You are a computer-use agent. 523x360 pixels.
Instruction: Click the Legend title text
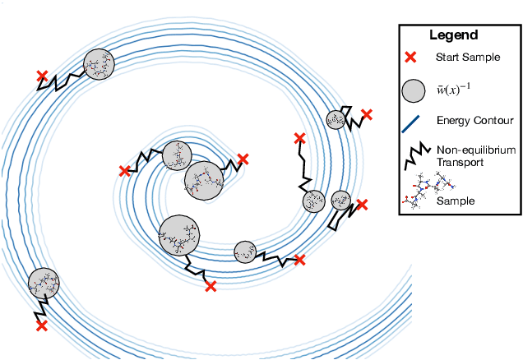coord(453,35)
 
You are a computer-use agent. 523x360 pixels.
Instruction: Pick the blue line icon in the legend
coord(414,121)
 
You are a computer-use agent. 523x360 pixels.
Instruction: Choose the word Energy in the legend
coord(454,121)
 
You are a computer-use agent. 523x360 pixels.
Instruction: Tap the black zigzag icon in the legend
coord(414,152)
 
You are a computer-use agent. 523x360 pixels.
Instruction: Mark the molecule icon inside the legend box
coord(423,194)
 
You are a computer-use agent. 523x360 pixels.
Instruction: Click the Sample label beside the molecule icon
coord(455,200)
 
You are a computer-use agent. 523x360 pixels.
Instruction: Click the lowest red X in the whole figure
coord(41,326)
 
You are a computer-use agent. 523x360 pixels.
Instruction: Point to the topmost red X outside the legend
coord(41,76)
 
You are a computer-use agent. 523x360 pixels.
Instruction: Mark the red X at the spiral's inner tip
coord(242,159)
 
